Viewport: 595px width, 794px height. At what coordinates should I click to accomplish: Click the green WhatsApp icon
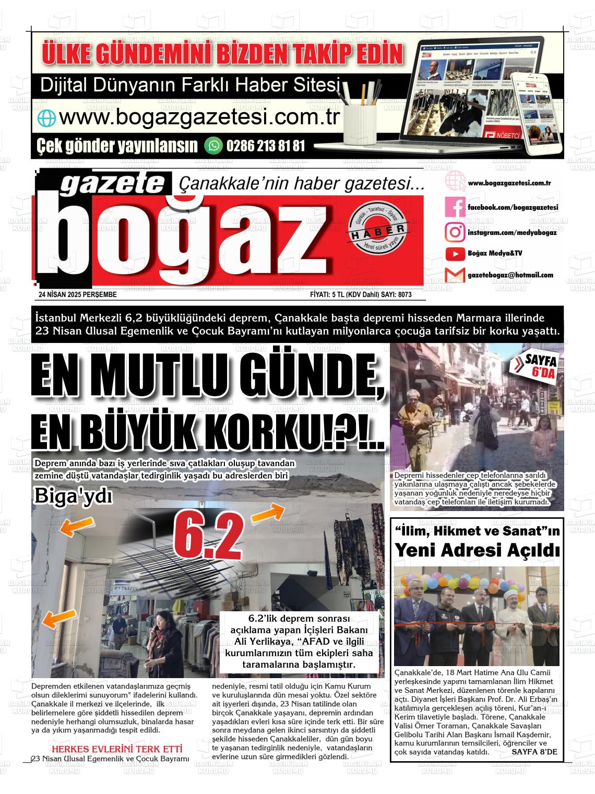213,145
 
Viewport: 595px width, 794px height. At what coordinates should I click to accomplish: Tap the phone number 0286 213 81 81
266,146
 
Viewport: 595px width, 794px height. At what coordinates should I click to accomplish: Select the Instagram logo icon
455,232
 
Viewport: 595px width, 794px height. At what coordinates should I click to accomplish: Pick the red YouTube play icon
455,254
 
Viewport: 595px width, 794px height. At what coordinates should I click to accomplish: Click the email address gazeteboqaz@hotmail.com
510,275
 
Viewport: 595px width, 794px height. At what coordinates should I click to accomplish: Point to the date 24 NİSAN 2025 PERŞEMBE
78,295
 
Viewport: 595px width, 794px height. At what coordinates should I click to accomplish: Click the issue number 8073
404,295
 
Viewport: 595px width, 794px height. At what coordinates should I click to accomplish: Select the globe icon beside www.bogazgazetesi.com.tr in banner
46,118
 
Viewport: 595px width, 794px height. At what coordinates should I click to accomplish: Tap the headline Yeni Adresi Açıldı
477,550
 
